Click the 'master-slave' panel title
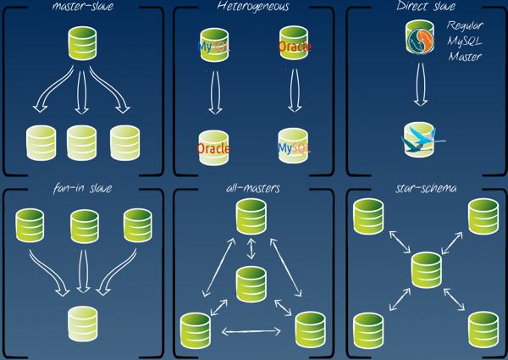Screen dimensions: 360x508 tap(82, 7)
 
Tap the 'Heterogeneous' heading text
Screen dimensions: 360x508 tap(253, 7)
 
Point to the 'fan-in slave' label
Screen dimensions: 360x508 tap(82, 187)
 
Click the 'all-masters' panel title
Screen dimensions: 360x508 tap(253, 187)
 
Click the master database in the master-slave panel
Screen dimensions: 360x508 tap(82, 43)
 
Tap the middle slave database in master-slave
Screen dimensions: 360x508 tap(82, 143)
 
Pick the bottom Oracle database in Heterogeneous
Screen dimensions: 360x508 tap(213, 147)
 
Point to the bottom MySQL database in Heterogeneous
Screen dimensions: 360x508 tap(294, 147)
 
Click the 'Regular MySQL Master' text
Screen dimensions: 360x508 tap(465, 42)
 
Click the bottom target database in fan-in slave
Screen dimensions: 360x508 tap(82, 322)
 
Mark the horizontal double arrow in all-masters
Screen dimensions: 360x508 tap(251, 331)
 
